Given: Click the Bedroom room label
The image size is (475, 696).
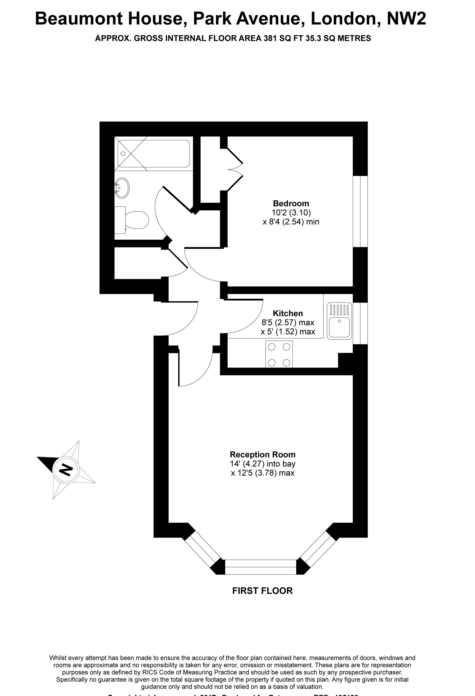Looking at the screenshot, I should [x=291, y=203].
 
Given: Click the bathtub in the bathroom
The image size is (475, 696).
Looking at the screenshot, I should [x=153, y=154].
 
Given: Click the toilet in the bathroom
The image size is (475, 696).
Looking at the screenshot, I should [x=132, y=220].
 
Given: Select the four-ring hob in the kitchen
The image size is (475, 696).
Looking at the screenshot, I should [x=279, y=355].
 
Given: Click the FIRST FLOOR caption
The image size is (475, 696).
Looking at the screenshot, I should [x=262, y=591].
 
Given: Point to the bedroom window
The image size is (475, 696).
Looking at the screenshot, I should [x=360, y=212].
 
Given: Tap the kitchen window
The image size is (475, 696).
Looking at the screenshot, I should [x=360, y=323].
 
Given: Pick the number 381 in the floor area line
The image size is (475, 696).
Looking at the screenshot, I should [x=270, y=38].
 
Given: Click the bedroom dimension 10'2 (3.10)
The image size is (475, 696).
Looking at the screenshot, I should [x=291, y=213].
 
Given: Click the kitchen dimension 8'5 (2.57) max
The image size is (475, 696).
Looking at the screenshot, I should [x=287, y=323].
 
